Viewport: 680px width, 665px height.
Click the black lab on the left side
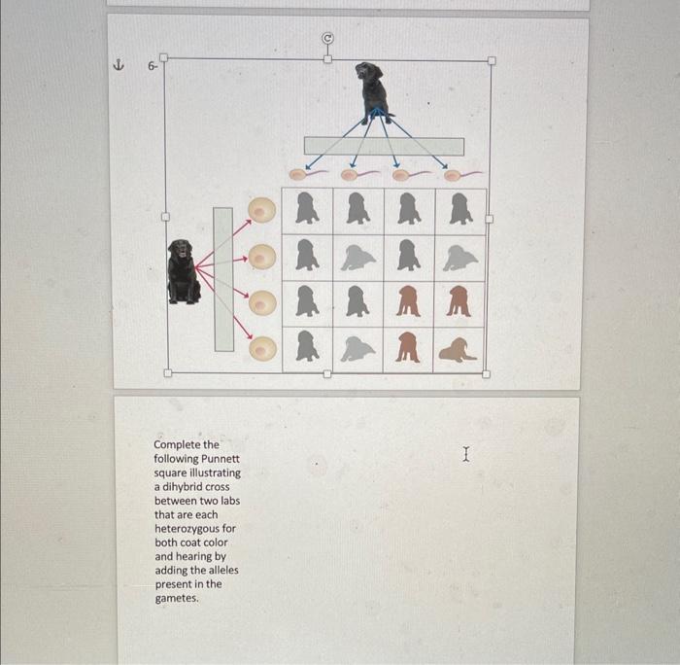[183, 271]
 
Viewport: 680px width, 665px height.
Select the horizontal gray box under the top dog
[384, 146]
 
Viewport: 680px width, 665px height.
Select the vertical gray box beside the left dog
[223, 278]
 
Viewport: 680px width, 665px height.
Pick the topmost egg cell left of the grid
[260, 210]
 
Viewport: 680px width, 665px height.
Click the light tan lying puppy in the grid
[458, 349]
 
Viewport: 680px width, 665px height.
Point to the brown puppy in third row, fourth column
[459, 303]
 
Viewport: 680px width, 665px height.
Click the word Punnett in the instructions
[221, 459]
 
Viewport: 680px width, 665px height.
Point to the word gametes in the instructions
[177, 598]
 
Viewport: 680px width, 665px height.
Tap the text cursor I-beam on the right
[467, 453]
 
